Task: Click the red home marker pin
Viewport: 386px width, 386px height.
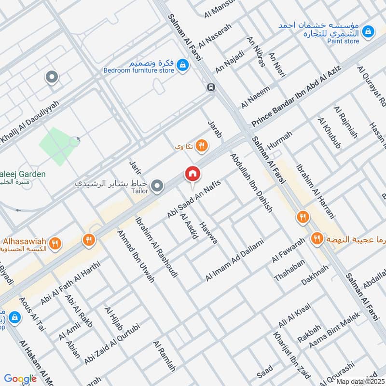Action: [x=192, y=174]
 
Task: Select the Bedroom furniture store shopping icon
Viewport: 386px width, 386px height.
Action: [x=182, y=64]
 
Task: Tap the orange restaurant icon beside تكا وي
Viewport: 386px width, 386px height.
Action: [x=202, y=145]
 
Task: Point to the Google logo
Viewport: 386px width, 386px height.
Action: [x=20, y=379]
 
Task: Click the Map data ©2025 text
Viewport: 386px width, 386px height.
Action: [x=359, y=381]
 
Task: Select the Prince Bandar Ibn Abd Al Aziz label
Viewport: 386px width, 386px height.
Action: [x=296, y=96]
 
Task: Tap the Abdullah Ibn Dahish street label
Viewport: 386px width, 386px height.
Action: [x=251, y=183]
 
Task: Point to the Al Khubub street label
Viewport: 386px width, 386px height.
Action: [x=329, y=133]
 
